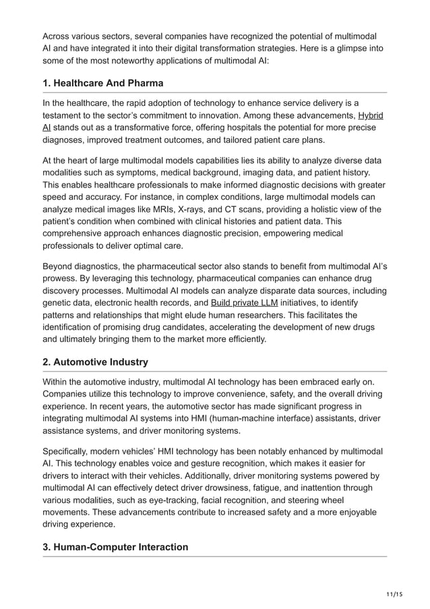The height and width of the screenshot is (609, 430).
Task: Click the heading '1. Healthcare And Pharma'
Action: (x=103, y=84)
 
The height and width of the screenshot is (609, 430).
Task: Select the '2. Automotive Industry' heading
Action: (x=95, y=362)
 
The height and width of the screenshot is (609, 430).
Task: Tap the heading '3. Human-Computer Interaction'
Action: (x=115, y=547)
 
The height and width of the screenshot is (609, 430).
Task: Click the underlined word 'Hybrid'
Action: (x=370, y=116)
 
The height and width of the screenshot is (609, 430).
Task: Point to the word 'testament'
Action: (x=65, y=116)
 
